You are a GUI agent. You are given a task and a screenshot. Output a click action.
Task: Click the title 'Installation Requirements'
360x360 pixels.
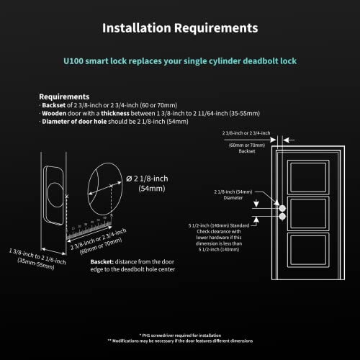179,28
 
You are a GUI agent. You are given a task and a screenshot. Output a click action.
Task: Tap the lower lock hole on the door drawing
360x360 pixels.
282,216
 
